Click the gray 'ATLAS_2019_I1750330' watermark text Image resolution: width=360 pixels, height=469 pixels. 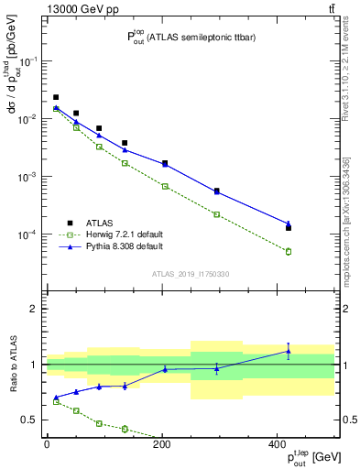tap(191, 274)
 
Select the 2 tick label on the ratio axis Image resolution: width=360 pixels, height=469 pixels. tap(35, 309)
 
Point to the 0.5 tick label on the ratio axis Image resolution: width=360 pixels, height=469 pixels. tap(31, 420)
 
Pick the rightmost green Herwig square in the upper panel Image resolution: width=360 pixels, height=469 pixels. tap(289, 251)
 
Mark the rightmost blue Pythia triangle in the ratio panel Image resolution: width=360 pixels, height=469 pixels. tap(289, 351)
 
